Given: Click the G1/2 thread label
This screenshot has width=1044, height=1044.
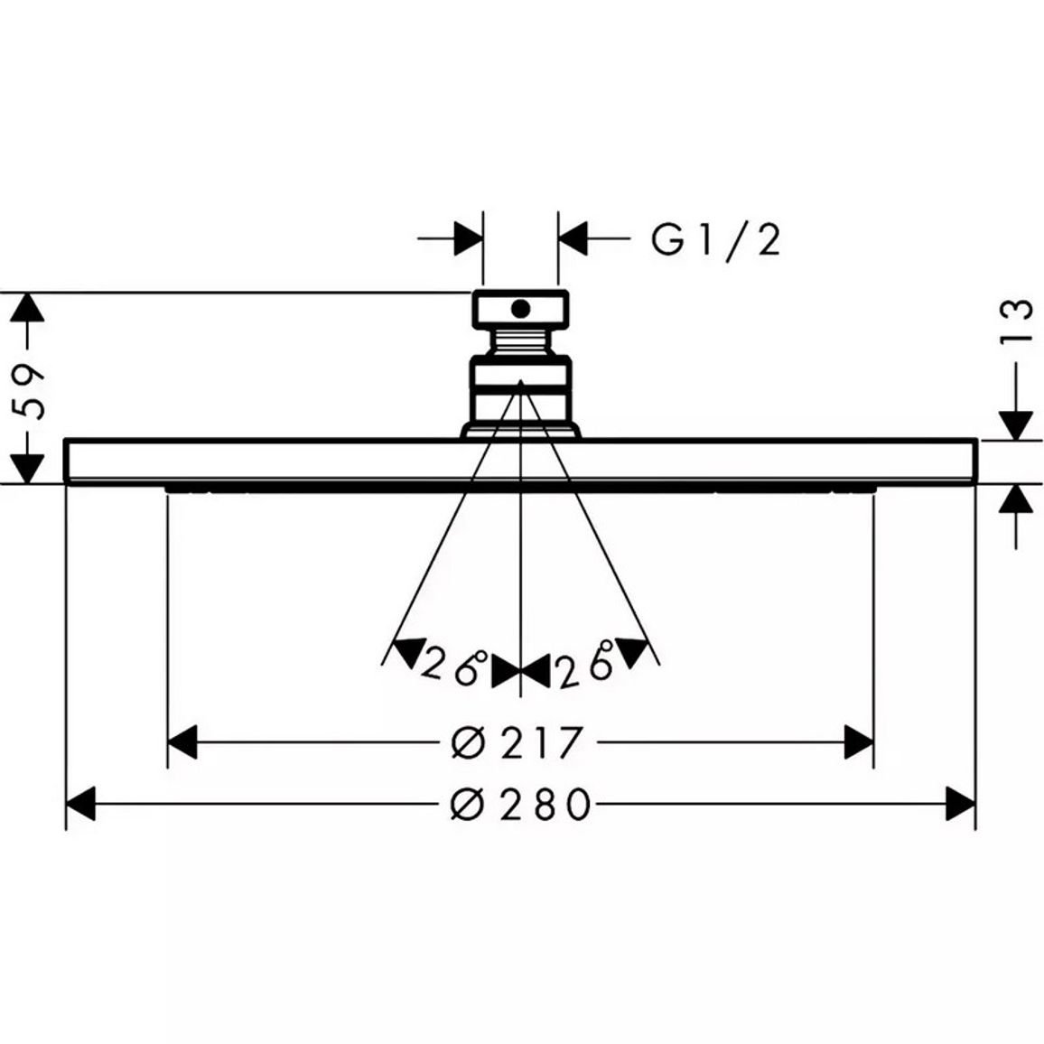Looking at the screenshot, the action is tap(715, 240).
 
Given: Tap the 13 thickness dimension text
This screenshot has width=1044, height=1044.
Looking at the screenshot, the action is tap(1016, 322).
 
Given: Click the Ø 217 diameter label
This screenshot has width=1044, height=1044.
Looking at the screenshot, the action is tap(517, 742).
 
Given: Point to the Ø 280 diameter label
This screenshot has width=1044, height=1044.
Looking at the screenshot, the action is tap(520, 804).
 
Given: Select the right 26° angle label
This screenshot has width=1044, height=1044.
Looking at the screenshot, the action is tap(584, 665).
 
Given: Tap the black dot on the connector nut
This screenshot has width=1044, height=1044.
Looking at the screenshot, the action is tap(521, 308).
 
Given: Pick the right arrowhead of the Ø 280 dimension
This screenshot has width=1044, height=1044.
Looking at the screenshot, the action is tap(961, 804).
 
